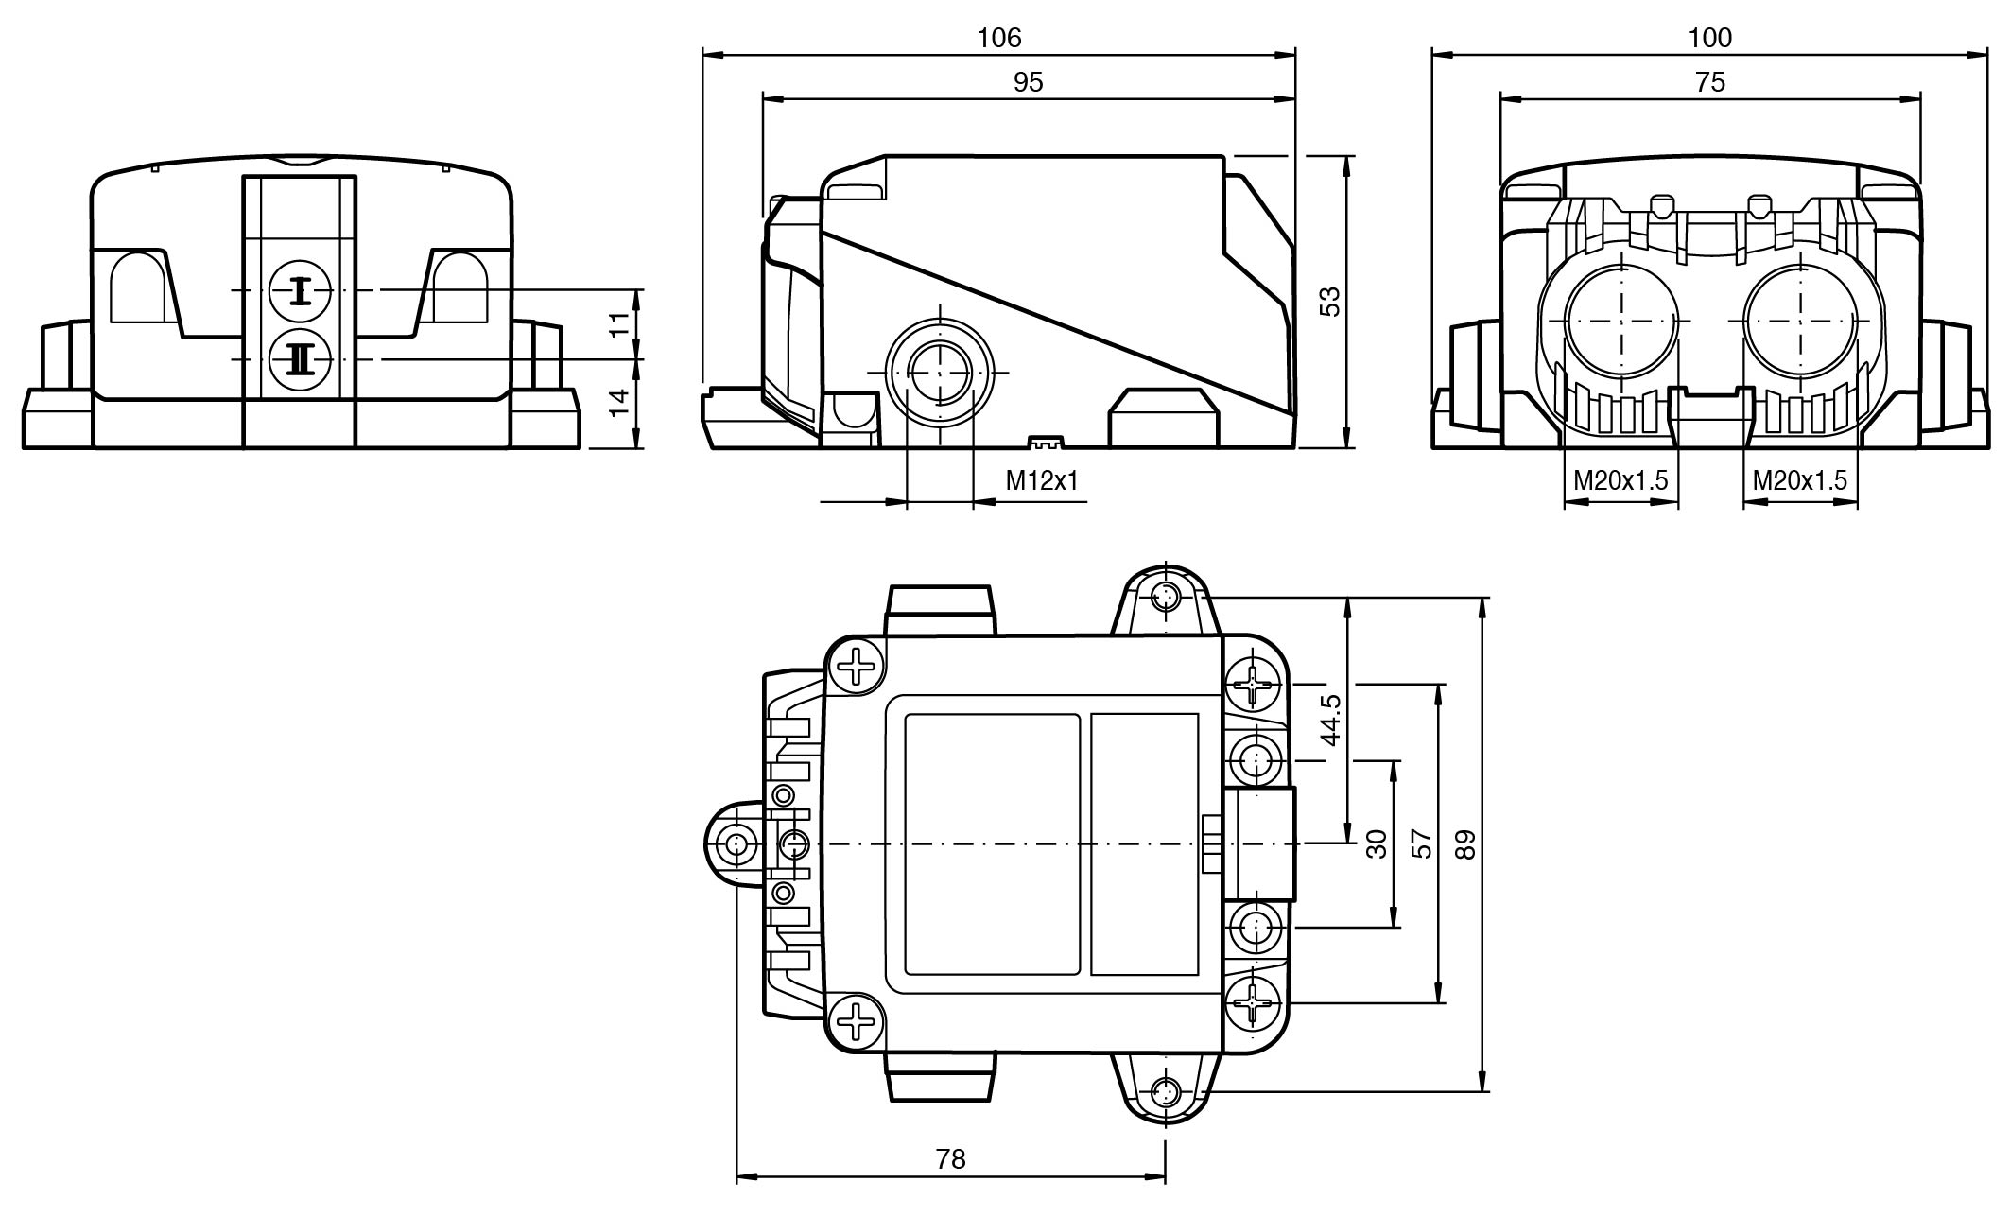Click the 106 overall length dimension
click(999, 38)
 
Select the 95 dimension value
click(1028, 82)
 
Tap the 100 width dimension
click(1710, 38)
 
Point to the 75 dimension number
click(1710, 82)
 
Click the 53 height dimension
click(1329, 302)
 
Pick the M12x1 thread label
click(1042, 480)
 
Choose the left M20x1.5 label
click(1620, 480)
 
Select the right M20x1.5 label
click(1799, 480)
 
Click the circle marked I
click(300, 290)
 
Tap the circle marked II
click(300, 359)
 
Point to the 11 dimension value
click(618, 324)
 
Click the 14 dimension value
click(618, 403)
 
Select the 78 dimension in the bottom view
click(950, 1158)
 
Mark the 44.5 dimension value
click(1330, 720)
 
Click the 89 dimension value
click(1464, 844)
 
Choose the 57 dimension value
click(1421, 843)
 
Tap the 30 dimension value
click(1377, 843)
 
